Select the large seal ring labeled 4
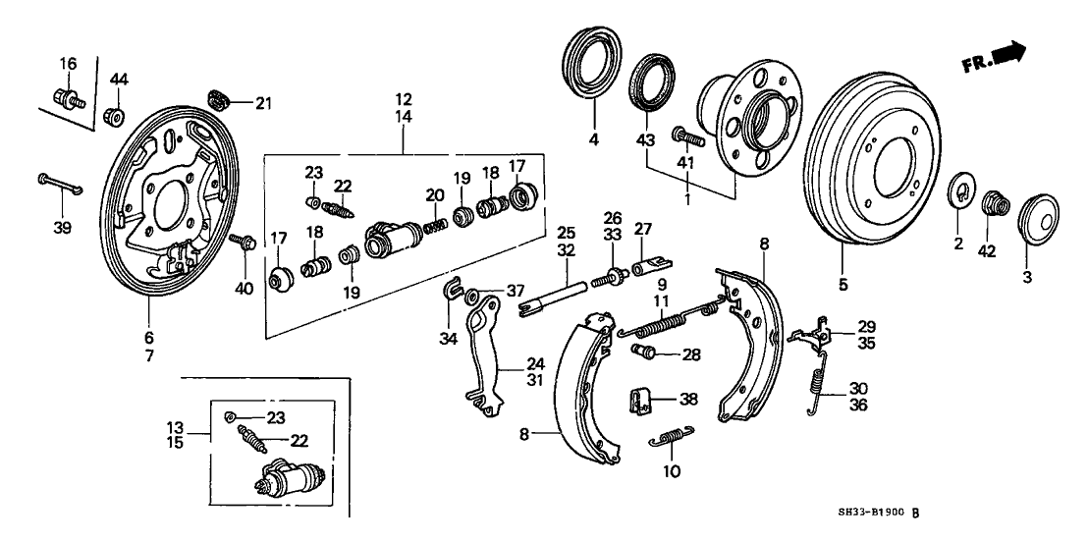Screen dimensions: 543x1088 coord(592,66)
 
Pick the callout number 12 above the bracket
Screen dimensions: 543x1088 coord(405,99)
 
